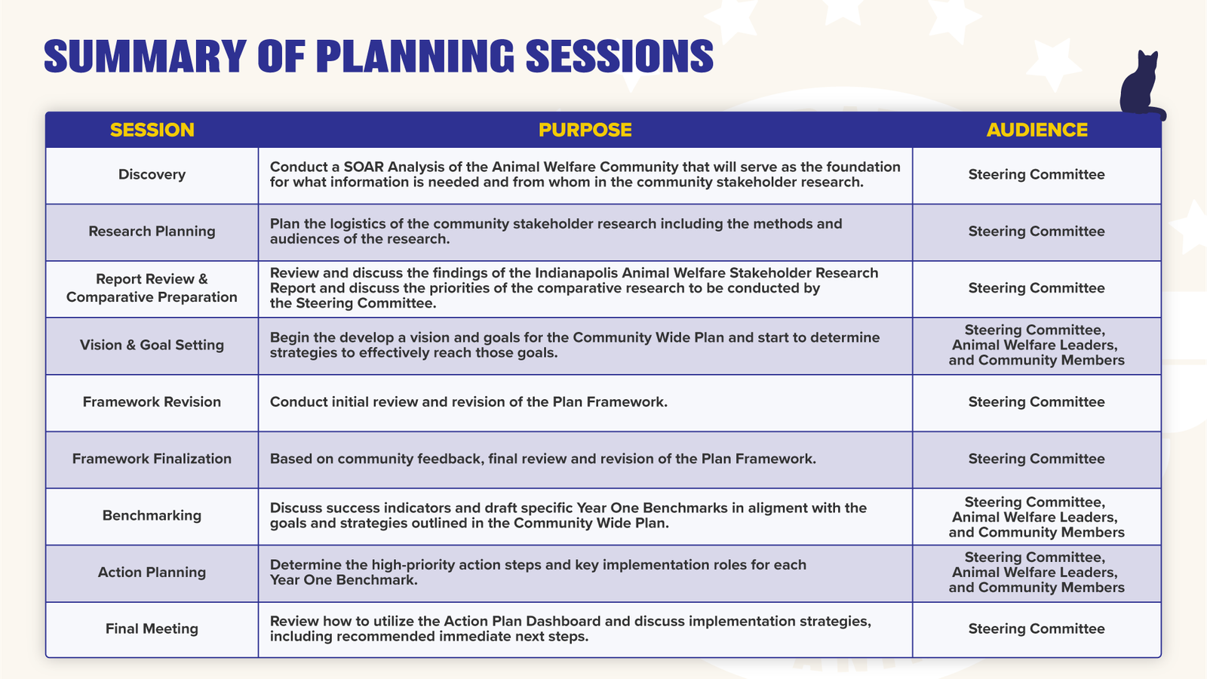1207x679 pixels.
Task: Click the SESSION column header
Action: [x=152, y=130]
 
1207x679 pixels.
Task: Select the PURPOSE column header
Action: [x=585, y=130]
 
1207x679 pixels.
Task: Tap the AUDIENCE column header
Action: [x=1037, y=130]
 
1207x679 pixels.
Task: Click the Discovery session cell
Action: [x=152, y=174]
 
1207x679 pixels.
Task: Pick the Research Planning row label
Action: [x=152, y=231]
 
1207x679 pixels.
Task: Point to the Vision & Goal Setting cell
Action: [x=152, y=345]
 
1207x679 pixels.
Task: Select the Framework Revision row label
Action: [x=152, y=402]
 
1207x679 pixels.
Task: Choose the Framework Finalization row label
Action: [x=152, y=459]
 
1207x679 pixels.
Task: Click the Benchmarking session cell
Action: [x=152, y=516]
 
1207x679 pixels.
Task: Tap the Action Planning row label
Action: [x=152, y=573]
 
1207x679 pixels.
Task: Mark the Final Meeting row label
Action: [x=152, y=629]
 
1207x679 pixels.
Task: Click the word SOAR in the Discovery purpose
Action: [x=364, y=167]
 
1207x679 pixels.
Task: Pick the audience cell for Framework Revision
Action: [x=1037, y=402]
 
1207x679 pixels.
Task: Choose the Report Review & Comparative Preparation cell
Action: [x=152, y=288]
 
